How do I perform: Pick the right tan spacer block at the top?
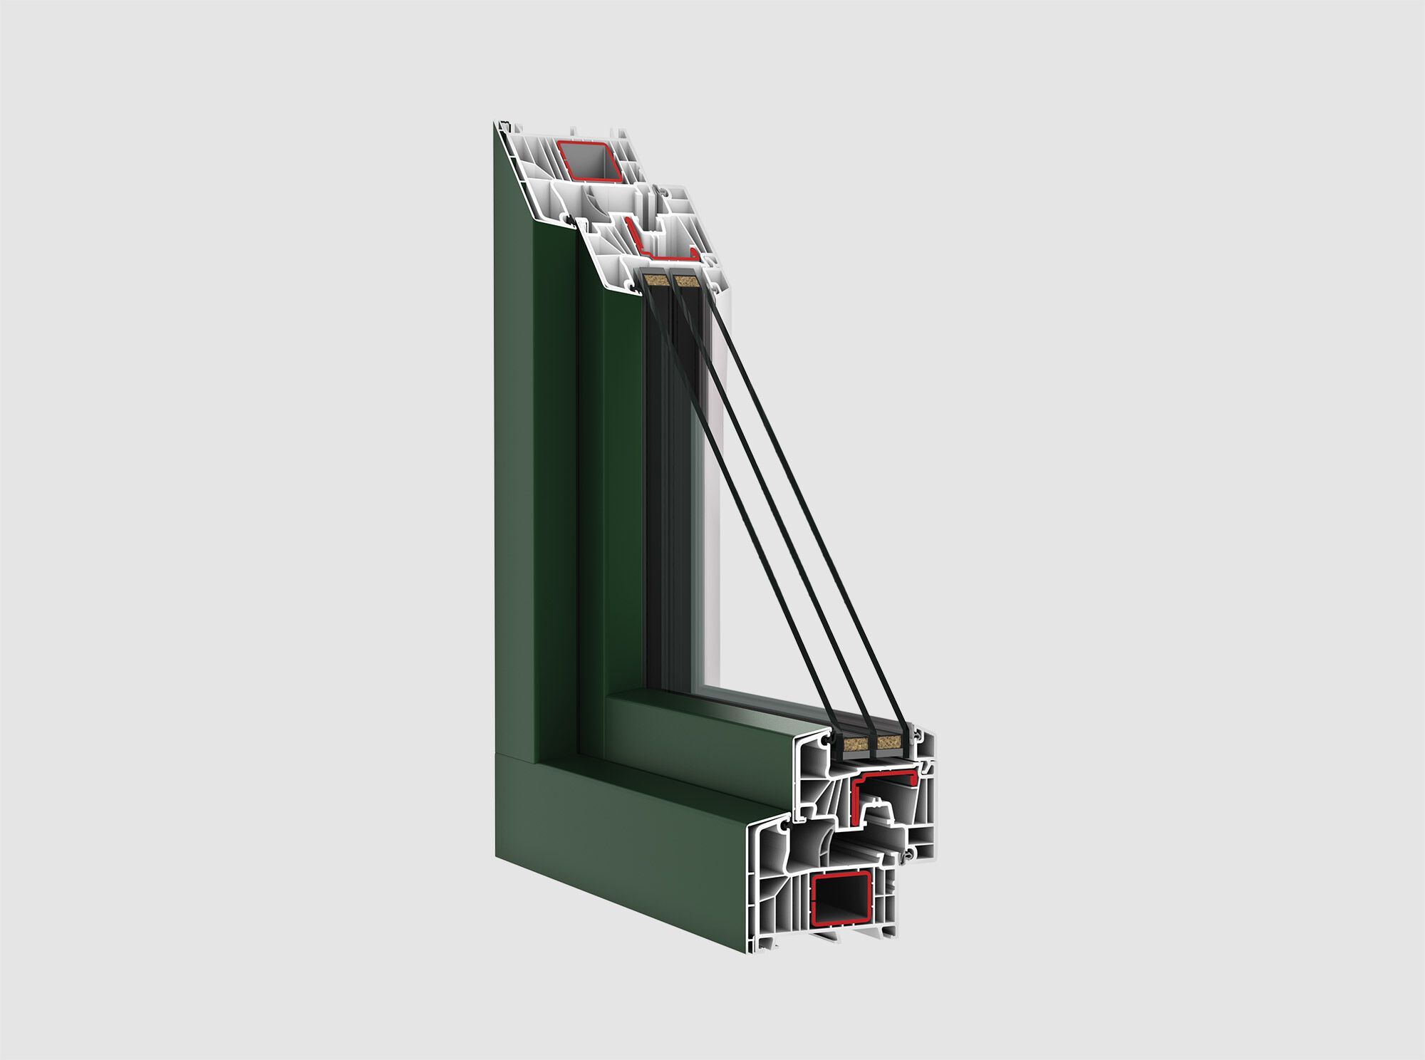(x=686, y=281)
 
